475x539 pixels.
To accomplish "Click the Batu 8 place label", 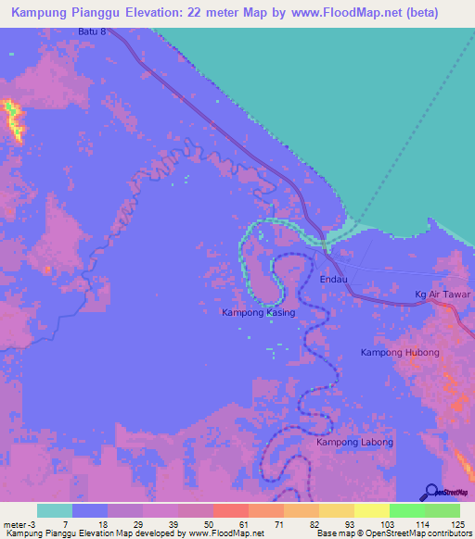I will point(93,31).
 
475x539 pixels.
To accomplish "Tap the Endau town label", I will point(334,279).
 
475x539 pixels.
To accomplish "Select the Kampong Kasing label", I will point(258,313).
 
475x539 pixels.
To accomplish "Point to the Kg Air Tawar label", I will point(443,295).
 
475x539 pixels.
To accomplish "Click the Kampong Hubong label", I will point(399,354).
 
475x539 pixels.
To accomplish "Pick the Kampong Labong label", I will point(354,442).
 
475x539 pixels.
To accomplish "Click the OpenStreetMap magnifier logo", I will point(431,492).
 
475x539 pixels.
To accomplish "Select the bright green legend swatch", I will point(406,510).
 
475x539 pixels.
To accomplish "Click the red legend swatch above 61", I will point(230,510).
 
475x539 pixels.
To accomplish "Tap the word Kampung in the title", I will point(43,13).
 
